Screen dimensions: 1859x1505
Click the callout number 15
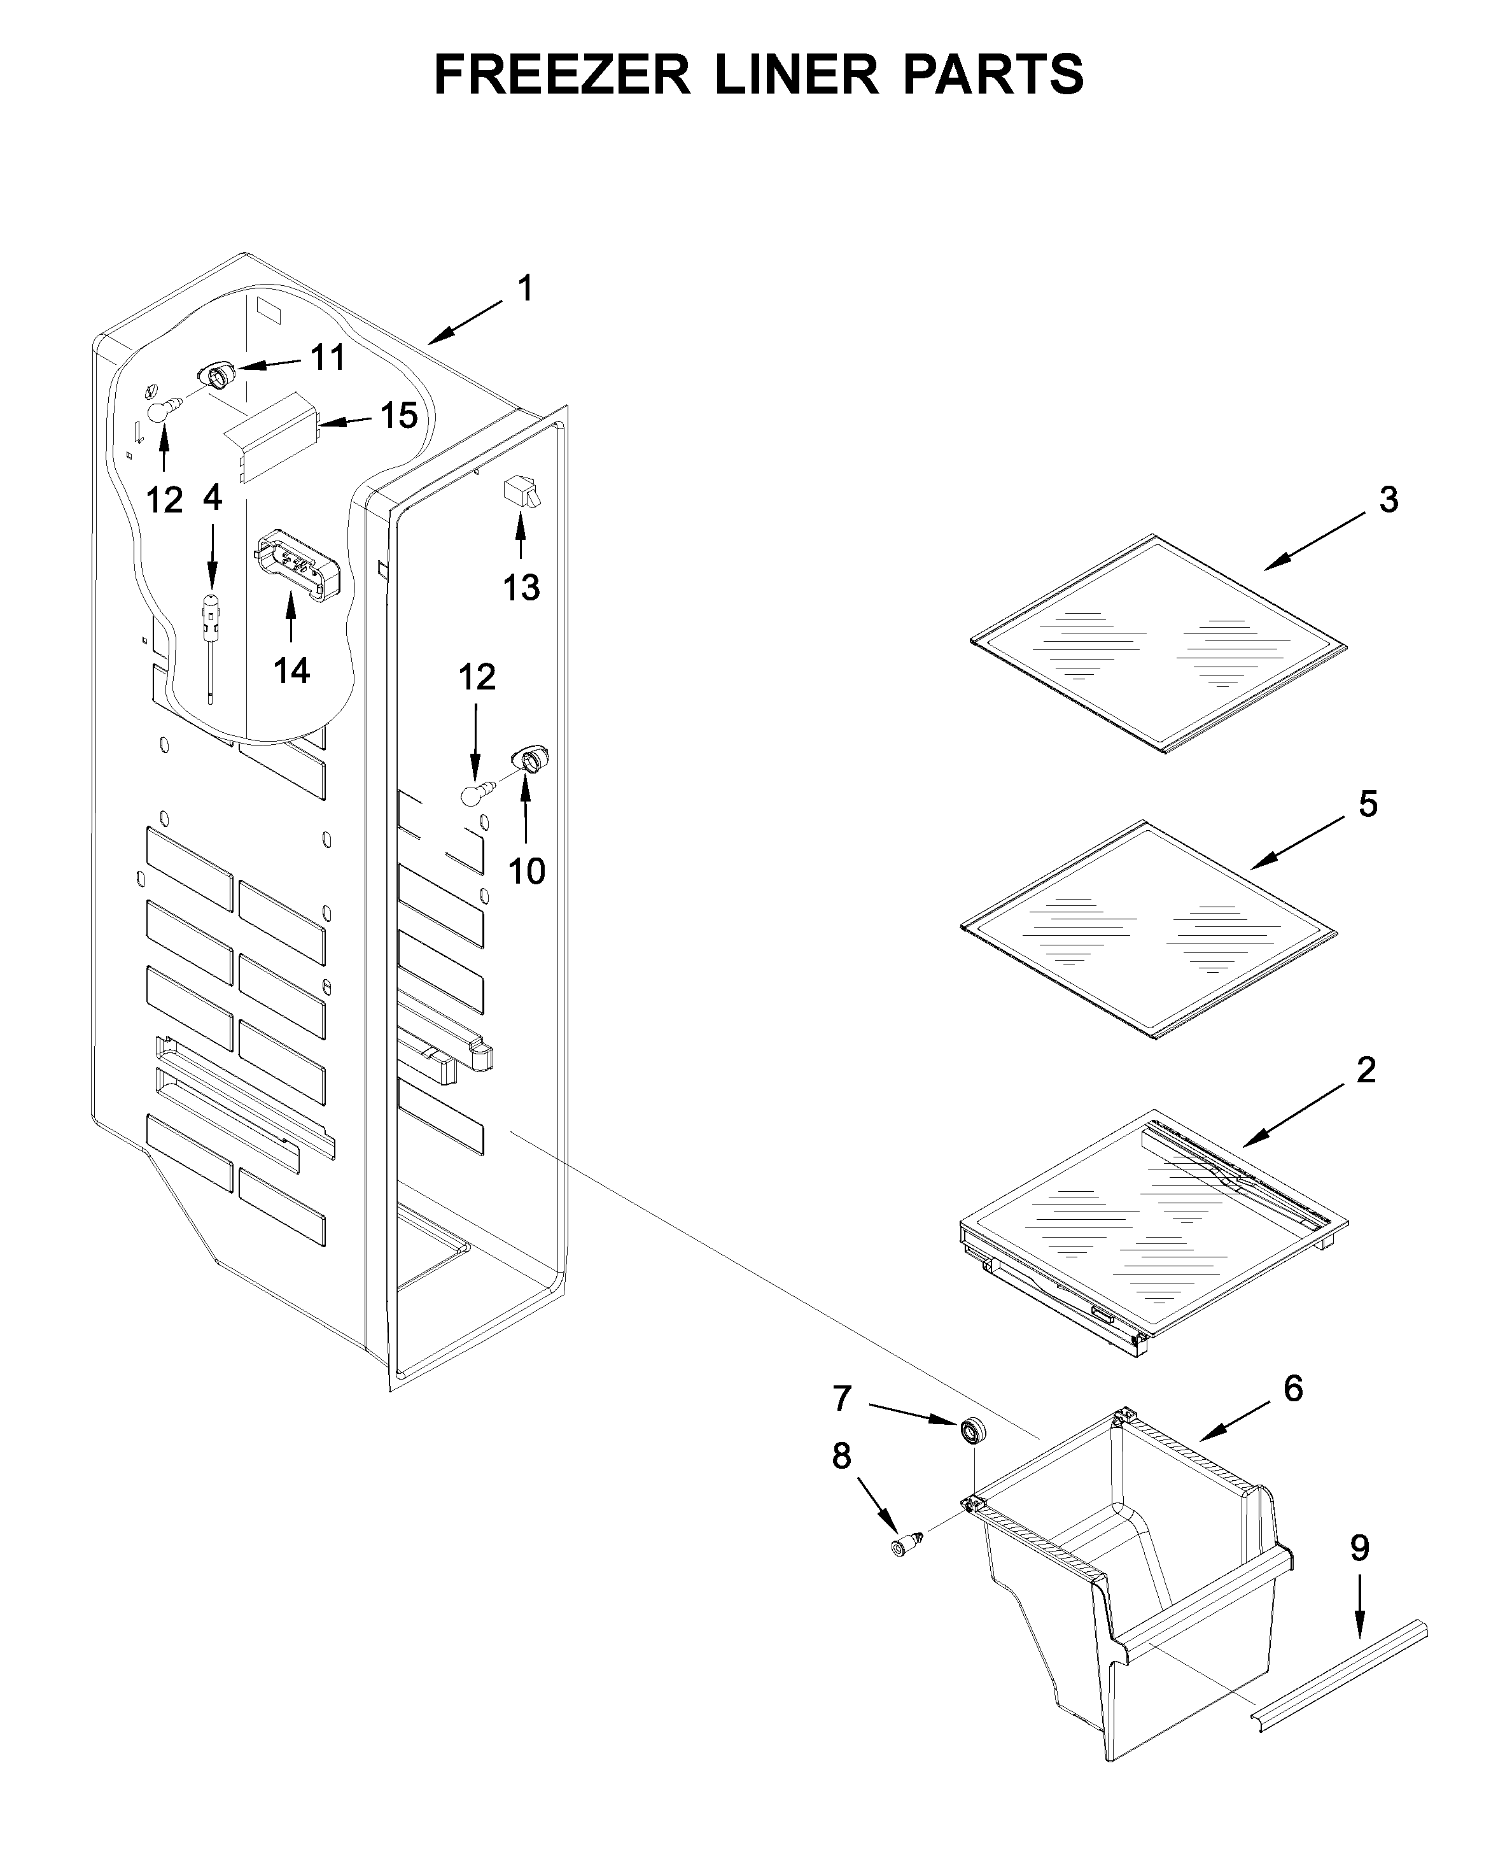tap(399, 416)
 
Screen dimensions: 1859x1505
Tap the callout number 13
tap(521, 588)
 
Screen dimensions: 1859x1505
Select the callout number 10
tap(526, 872)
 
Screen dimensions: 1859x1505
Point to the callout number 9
tap(1359, 1548)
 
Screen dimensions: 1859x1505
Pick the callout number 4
tap(213, 498)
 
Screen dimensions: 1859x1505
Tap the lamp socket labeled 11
tap(217, 376)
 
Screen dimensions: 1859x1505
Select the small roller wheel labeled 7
tap(974, 1431)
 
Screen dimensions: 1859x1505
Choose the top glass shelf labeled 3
tap(1158, 644)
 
